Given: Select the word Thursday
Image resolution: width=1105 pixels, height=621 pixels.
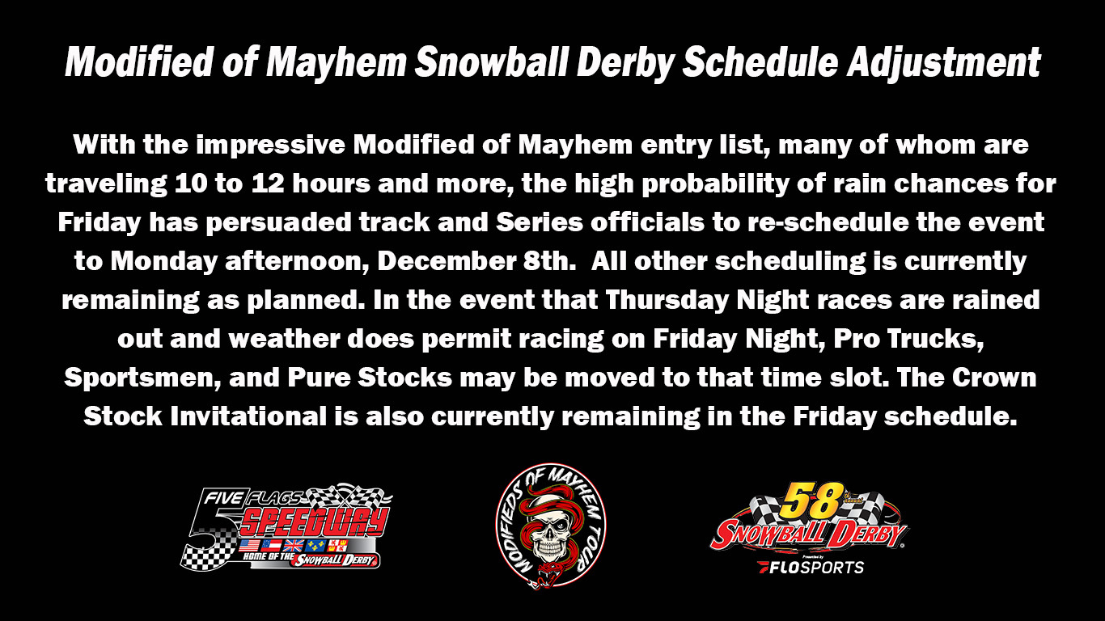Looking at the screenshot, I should click(x=664, y=300).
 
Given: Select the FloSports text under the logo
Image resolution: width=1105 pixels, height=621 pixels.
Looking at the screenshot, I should click(x=811, y=567).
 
